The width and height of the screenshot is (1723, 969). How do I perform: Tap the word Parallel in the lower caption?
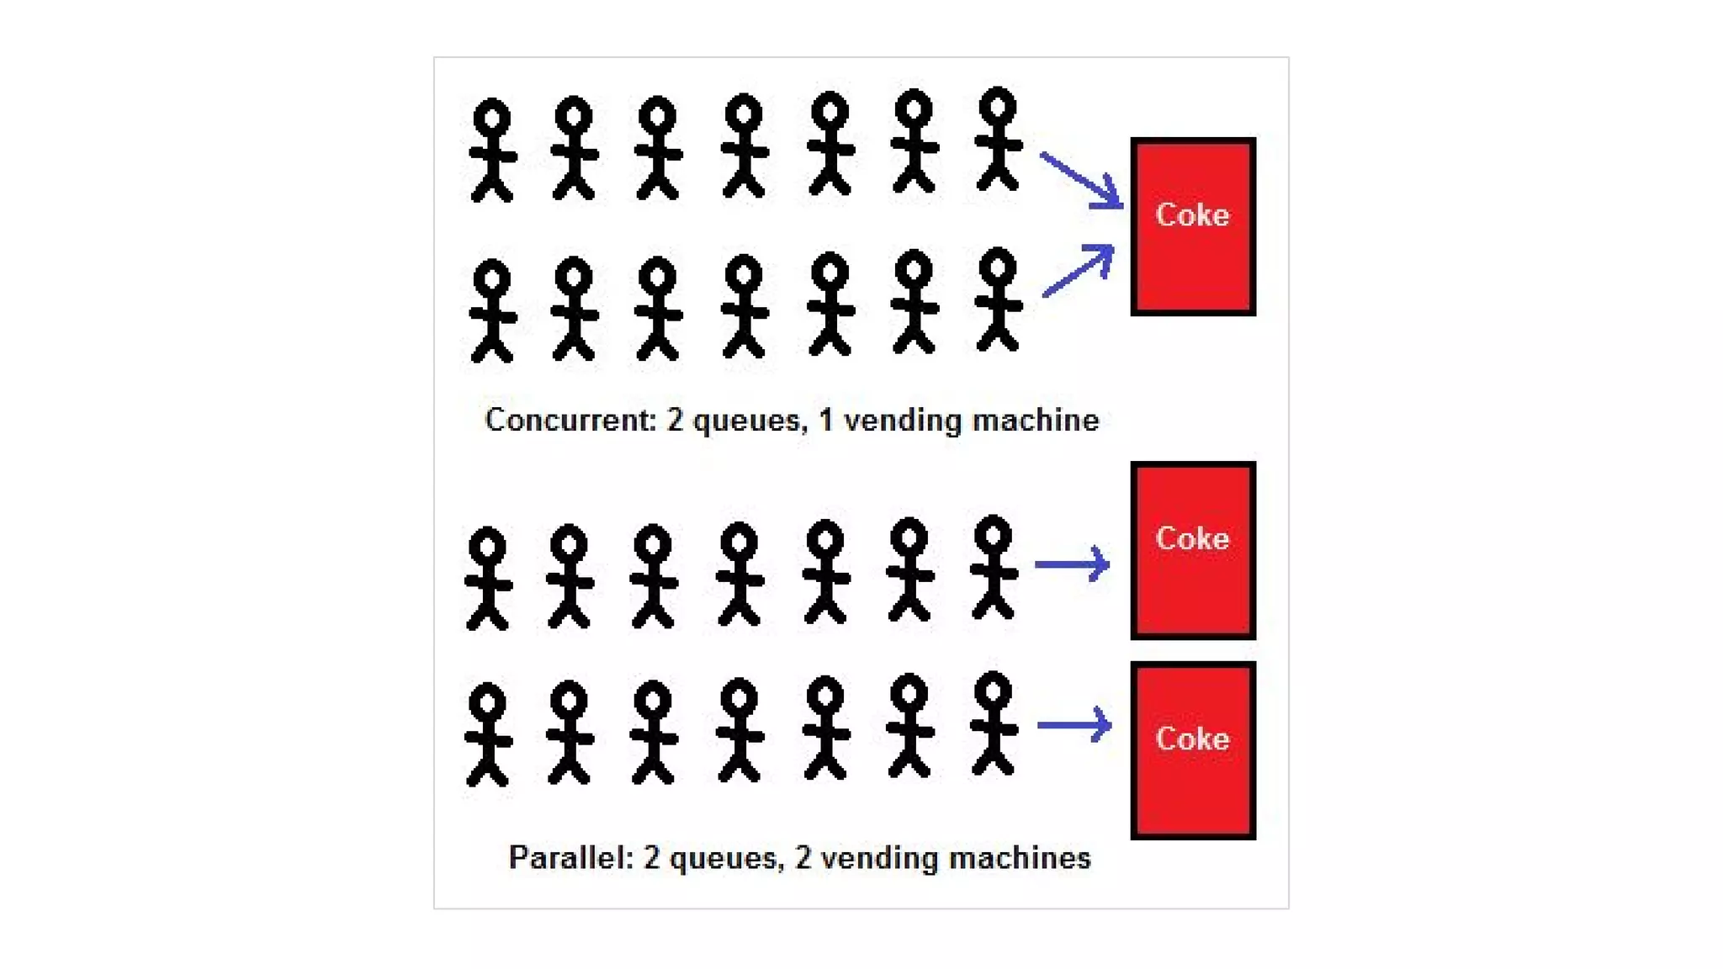click(570, 858)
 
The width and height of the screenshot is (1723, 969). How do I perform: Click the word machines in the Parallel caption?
click(1031, 858)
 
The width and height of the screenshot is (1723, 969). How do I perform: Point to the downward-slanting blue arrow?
click(1081, 180)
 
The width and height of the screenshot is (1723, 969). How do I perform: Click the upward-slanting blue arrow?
click(1079, 270)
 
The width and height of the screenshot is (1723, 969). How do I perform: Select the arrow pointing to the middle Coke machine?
click(1072, 564)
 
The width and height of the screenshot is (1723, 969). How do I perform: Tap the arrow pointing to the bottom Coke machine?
click(1074, 725)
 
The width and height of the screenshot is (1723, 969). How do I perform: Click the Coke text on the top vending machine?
click(1192, 215)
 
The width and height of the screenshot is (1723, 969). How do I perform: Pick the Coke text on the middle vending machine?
click(1192, 538)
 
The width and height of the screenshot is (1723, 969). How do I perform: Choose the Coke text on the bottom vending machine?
click(1192, 739)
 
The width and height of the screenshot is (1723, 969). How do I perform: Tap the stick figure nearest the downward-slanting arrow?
click(998, 139)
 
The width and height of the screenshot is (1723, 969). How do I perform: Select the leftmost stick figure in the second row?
click(492, 310)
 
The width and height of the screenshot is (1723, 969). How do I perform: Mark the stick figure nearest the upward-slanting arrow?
click(998, 299)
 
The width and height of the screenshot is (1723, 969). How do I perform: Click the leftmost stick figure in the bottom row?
click(488, 734)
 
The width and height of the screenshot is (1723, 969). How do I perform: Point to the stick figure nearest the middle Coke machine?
click(994, 567)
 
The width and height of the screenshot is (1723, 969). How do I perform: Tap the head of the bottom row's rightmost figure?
click(994, 692)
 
